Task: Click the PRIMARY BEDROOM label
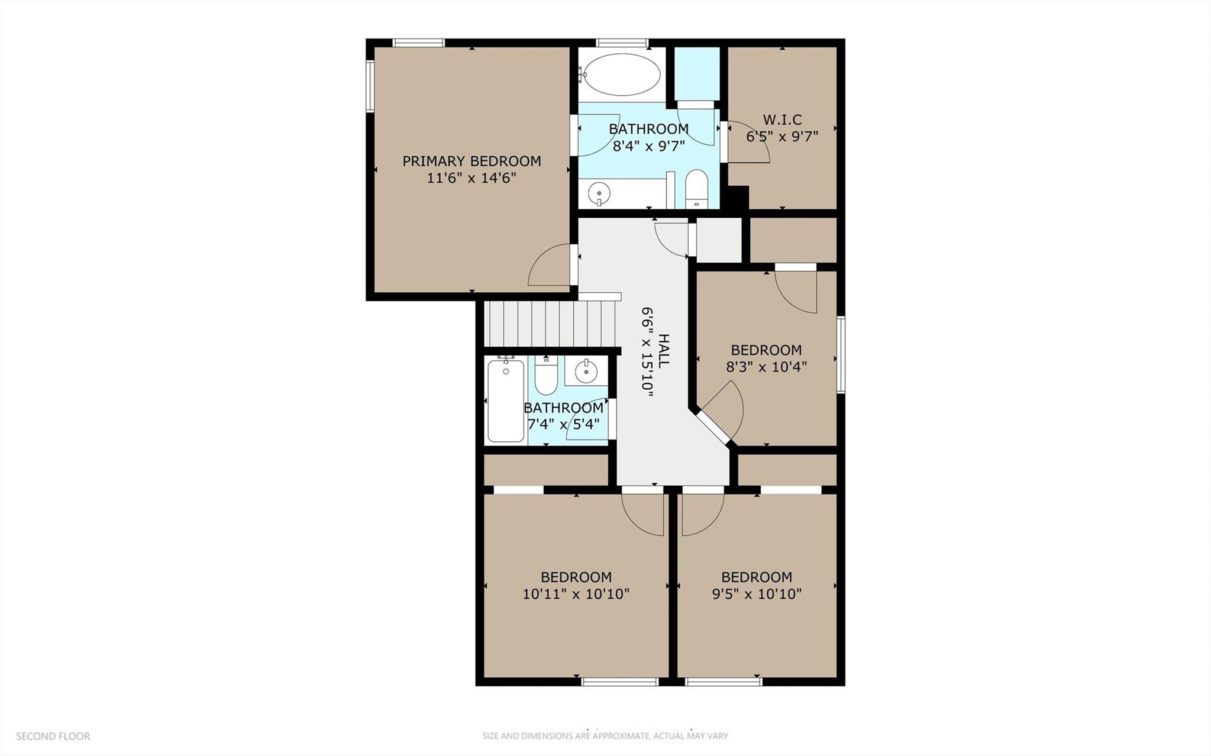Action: coord(472,161)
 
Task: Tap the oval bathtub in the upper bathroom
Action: coord(619,74)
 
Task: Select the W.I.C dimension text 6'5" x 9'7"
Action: coord(782,137)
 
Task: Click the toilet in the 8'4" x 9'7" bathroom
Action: coord(696,189)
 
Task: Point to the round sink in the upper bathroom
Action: coord(599,192)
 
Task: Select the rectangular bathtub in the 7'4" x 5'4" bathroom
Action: coord(505,400)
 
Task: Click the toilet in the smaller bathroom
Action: coord(545,377)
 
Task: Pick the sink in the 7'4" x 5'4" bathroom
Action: coord(586,371)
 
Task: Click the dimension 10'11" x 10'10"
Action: coord(576,594)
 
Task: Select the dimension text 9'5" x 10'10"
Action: coord(757,594)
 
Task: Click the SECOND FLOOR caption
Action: coord(53,736)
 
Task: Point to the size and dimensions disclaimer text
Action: coord(605,736)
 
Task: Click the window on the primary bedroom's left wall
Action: coord(370,86)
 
